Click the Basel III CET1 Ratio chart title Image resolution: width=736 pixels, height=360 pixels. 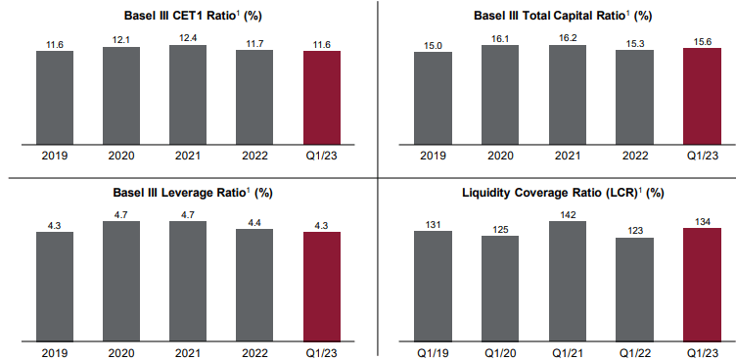pyautogui.click(x=188, y=16)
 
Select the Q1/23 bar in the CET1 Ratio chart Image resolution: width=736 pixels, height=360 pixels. pyautogui.click(x=322, y=98)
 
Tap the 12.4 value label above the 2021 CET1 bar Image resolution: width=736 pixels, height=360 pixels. pyautogui.click(x=188, y=37)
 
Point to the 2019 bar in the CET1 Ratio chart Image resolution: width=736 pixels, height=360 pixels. pyautogui.click(x=55, y=98)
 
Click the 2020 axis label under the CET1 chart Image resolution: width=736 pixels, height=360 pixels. pyautogui.click(x=121, y=156)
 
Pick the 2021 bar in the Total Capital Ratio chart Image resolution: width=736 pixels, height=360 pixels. pyautogui.click(x=567, y=96)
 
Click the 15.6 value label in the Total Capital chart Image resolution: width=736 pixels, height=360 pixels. pyautogui.click(x=701, y=40)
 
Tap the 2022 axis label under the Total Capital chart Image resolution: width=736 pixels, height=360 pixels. pyautogui.click(x=633, y=156)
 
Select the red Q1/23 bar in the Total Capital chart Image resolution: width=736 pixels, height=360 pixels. pyautogui.click(x=701, y=98)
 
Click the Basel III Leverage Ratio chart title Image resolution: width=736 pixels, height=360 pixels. pyautogui.click(x=188, y=194)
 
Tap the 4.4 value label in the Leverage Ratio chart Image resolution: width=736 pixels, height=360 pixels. pyautogui.click(x=254, y=221)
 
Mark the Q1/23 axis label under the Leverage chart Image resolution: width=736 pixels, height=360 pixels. pyautogui.click(x=322, y=351)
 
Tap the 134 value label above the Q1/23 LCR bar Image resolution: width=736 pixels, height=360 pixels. pyautogui.click(x=701, y=220)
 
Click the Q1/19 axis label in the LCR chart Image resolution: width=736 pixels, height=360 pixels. pyautogui.click(x=433, y=351)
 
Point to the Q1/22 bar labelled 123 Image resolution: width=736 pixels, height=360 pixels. pyautogui.click(x=633, y=290)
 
